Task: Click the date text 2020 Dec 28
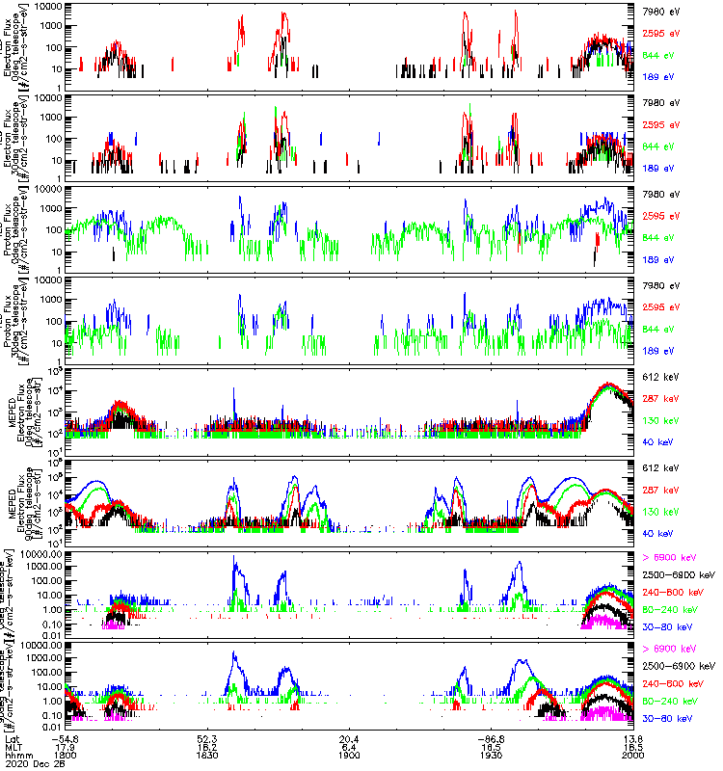click(x=29, y=764)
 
